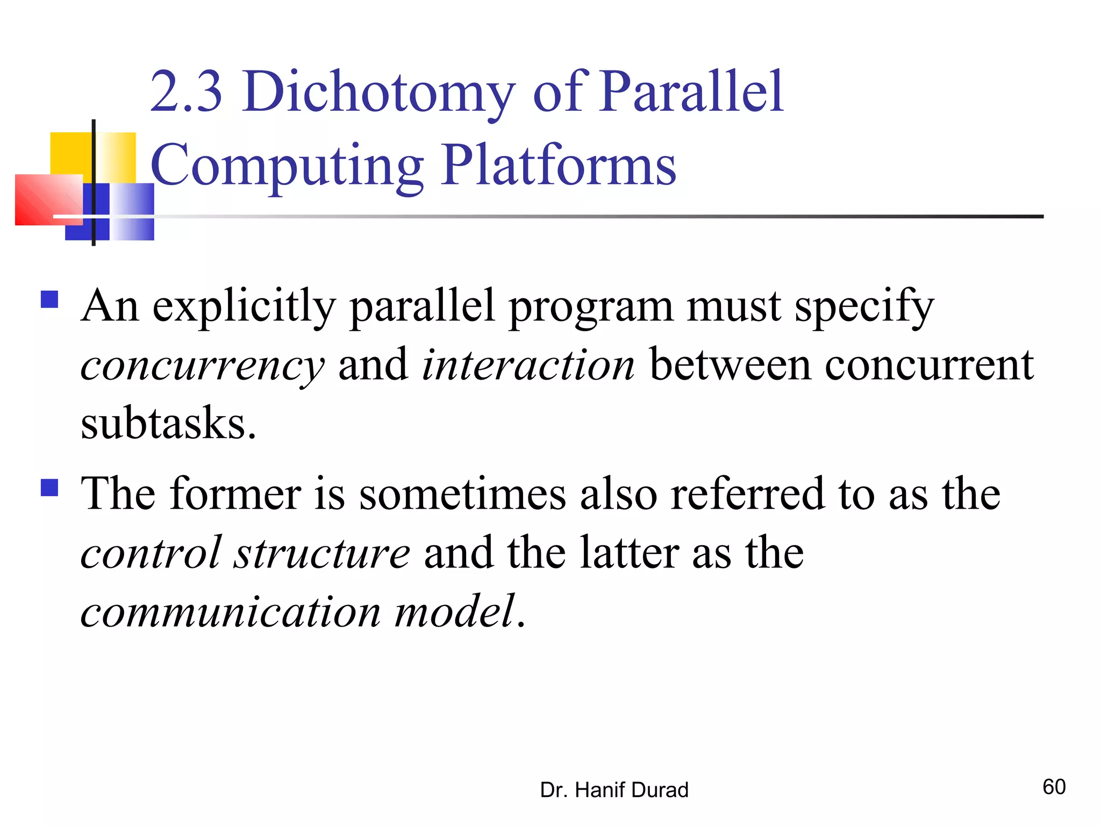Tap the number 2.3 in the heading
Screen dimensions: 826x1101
pos(185,92)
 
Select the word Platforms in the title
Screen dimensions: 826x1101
pos(559,166)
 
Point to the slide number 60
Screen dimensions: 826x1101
pos(1054,787)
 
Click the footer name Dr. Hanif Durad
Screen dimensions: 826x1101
pos(614,790)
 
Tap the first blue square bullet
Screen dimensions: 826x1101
pos(49,299)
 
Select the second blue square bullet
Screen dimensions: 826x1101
pos(49,488)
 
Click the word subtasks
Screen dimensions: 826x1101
pos(168,424)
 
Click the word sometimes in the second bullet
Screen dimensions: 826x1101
pos(462,494)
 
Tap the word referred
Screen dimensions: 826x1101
pos(747,494)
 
